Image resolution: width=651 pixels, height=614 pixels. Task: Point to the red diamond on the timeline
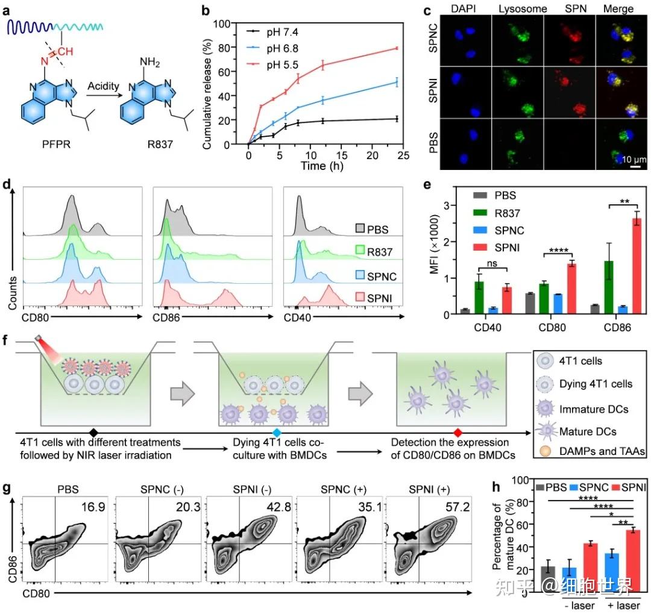coord(458,433)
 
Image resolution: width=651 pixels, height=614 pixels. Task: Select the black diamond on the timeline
coord(93,433)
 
